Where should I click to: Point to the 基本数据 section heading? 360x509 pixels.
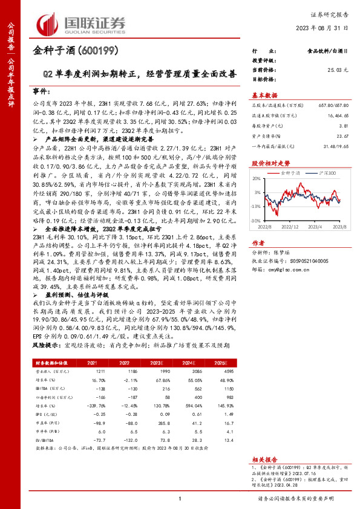[264, 95]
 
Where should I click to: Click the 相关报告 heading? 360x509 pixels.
[264, 459]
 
